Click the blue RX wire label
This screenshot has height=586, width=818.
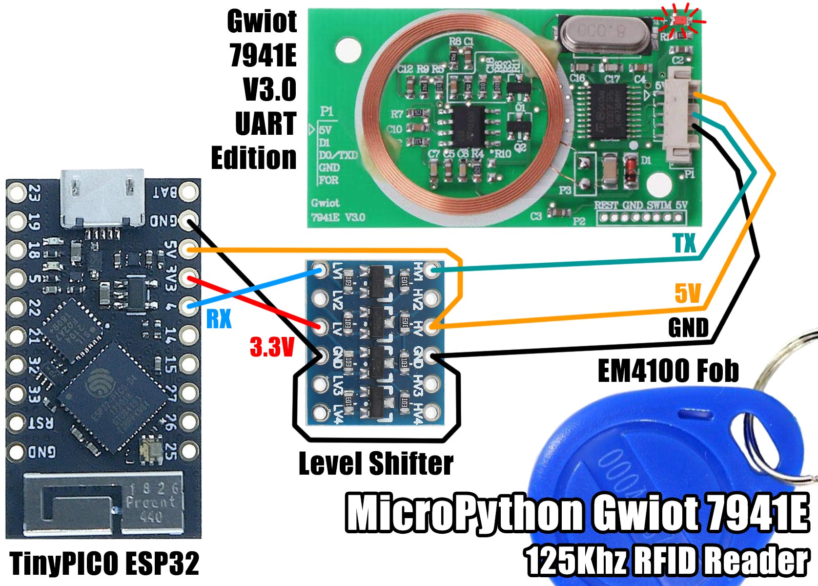point(218,319)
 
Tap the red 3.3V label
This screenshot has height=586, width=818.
point(272,347)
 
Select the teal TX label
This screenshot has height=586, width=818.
point(684,243)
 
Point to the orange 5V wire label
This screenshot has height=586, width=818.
point(688,294)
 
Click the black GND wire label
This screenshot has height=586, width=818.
point(688,328)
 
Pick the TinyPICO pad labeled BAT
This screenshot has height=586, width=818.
point(188,192)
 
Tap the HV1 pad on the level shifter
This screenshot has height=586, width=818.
point(431,269)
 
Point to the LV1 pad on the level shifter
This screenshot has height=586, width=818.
point(320,269)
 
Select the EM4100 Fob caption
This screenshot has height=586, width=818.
point(668,371)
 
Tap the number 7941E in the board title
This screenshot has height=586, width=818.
point(263,55)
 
